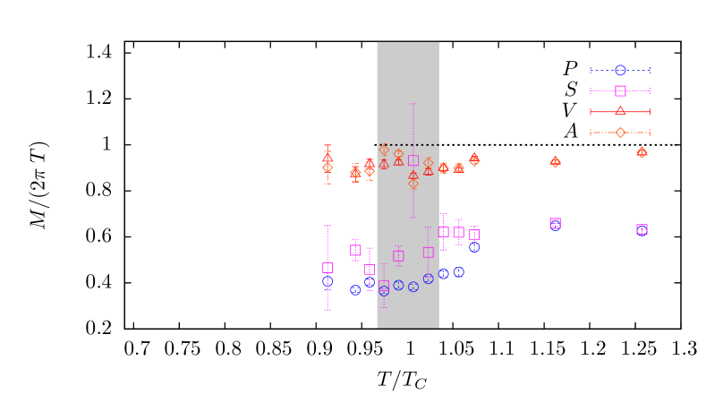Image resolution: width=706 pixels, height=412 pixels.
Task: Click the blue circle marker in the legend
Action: [x=620, y=70]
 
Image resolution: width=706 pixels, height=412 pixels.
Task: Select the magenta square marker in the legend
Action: [x=620, y=90]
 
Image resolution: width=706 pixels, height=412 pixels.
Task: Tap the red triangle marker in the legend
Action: [x=620, y=111]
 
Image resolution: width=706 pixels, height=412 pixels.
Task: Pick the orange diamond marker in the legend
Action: [x=620, y=133]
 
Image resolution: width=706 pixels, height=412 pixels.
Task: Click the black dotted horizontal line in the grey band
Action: [x=408, y=144]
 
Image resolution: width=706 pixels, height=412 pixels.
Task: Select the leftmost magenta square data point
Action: [x=327, y=267]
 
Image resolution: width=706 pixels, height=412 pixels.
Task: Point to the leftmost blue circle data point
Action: [x=327, y=281]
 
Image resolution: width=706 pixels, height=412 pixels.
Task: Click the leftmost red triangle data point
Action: [x=327, y=158]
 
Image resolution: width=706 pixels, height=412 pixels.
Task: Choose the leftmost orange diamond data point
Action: [x=327, y=167]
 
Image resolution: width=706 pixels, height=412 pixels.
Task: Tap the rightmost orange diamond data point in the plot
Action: [x=642, y=152]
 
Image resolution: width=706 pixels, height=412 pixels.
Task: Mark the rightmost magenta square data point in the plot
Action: [x=642, y=229]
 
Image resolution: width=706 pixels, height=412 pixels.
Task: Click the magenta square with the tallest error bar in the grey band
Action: [x=413, y=160]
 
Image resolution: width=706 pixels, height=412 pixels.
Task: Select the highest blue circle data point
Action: [x=474, y=247]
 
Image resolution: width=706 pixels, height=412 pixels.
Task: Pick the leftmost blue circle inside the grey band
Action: [x=384, y=290]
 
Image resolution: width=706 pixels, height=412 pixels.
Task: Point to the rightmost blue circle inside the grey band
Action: [x=428, y=279]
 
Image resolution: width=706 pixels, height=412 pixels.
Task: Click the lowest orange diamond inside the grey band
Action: [x=413, y=184]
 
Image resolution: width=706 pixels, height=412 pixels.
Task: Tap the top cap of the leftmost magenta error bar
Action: [x=327, y=226]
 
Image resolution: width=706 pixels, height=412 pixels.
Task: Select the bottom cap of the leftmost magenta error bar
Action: [x=327, y=310]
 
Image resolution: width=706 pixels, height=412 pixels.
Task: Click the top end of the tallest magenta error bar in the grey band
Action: [x=413, y=104]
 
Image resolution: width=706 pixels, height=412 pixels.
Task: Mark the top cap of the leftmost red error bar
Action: [x=327, y=145]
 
